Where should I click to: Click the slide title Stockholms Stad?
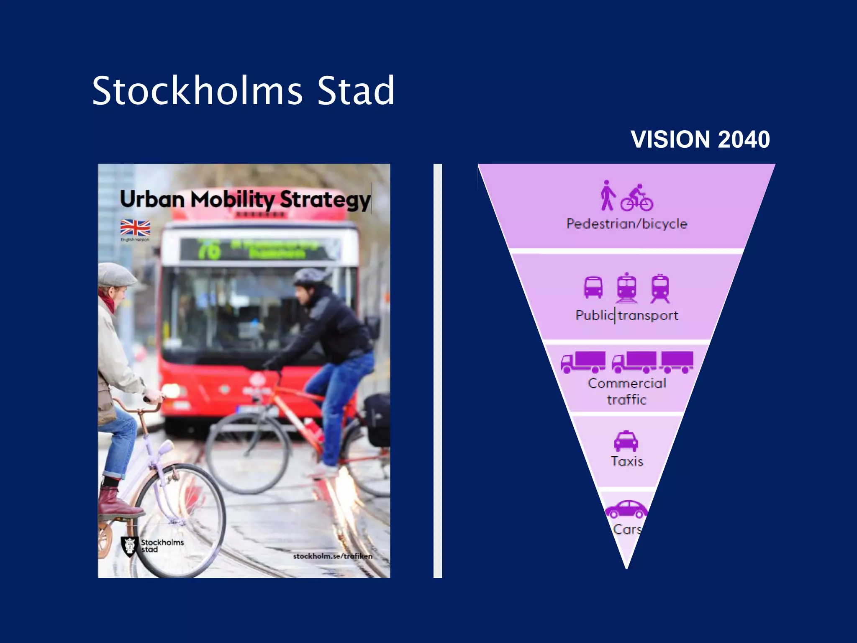(243, 90)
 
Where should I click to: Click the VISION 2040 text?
(700, 139)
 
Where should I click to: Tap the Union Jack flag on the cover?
(135, 228)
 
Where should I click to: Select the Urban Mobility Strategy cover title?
(245, 199)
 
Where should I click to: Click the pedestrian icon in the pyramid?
(607, 195)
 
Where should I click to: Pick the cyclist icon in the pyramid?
(637, 198)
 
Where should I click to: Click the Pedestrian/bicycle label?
(626, 224)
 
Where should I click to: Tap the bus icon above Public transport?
(593, 287)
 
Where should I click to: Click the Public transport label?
(626, 315)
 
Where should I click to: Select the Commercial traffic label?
(626, 391)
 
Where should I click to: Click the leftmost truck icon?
(583, 362)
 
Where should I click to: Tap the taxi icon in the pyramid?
(626, 441)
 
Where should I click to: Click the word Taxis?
(626, 461)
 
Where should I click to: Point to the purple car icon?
(626, 509)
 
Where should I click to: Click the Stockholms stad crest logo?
(130, 546)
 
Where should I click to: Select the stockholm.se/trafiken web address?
(333, 556)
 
